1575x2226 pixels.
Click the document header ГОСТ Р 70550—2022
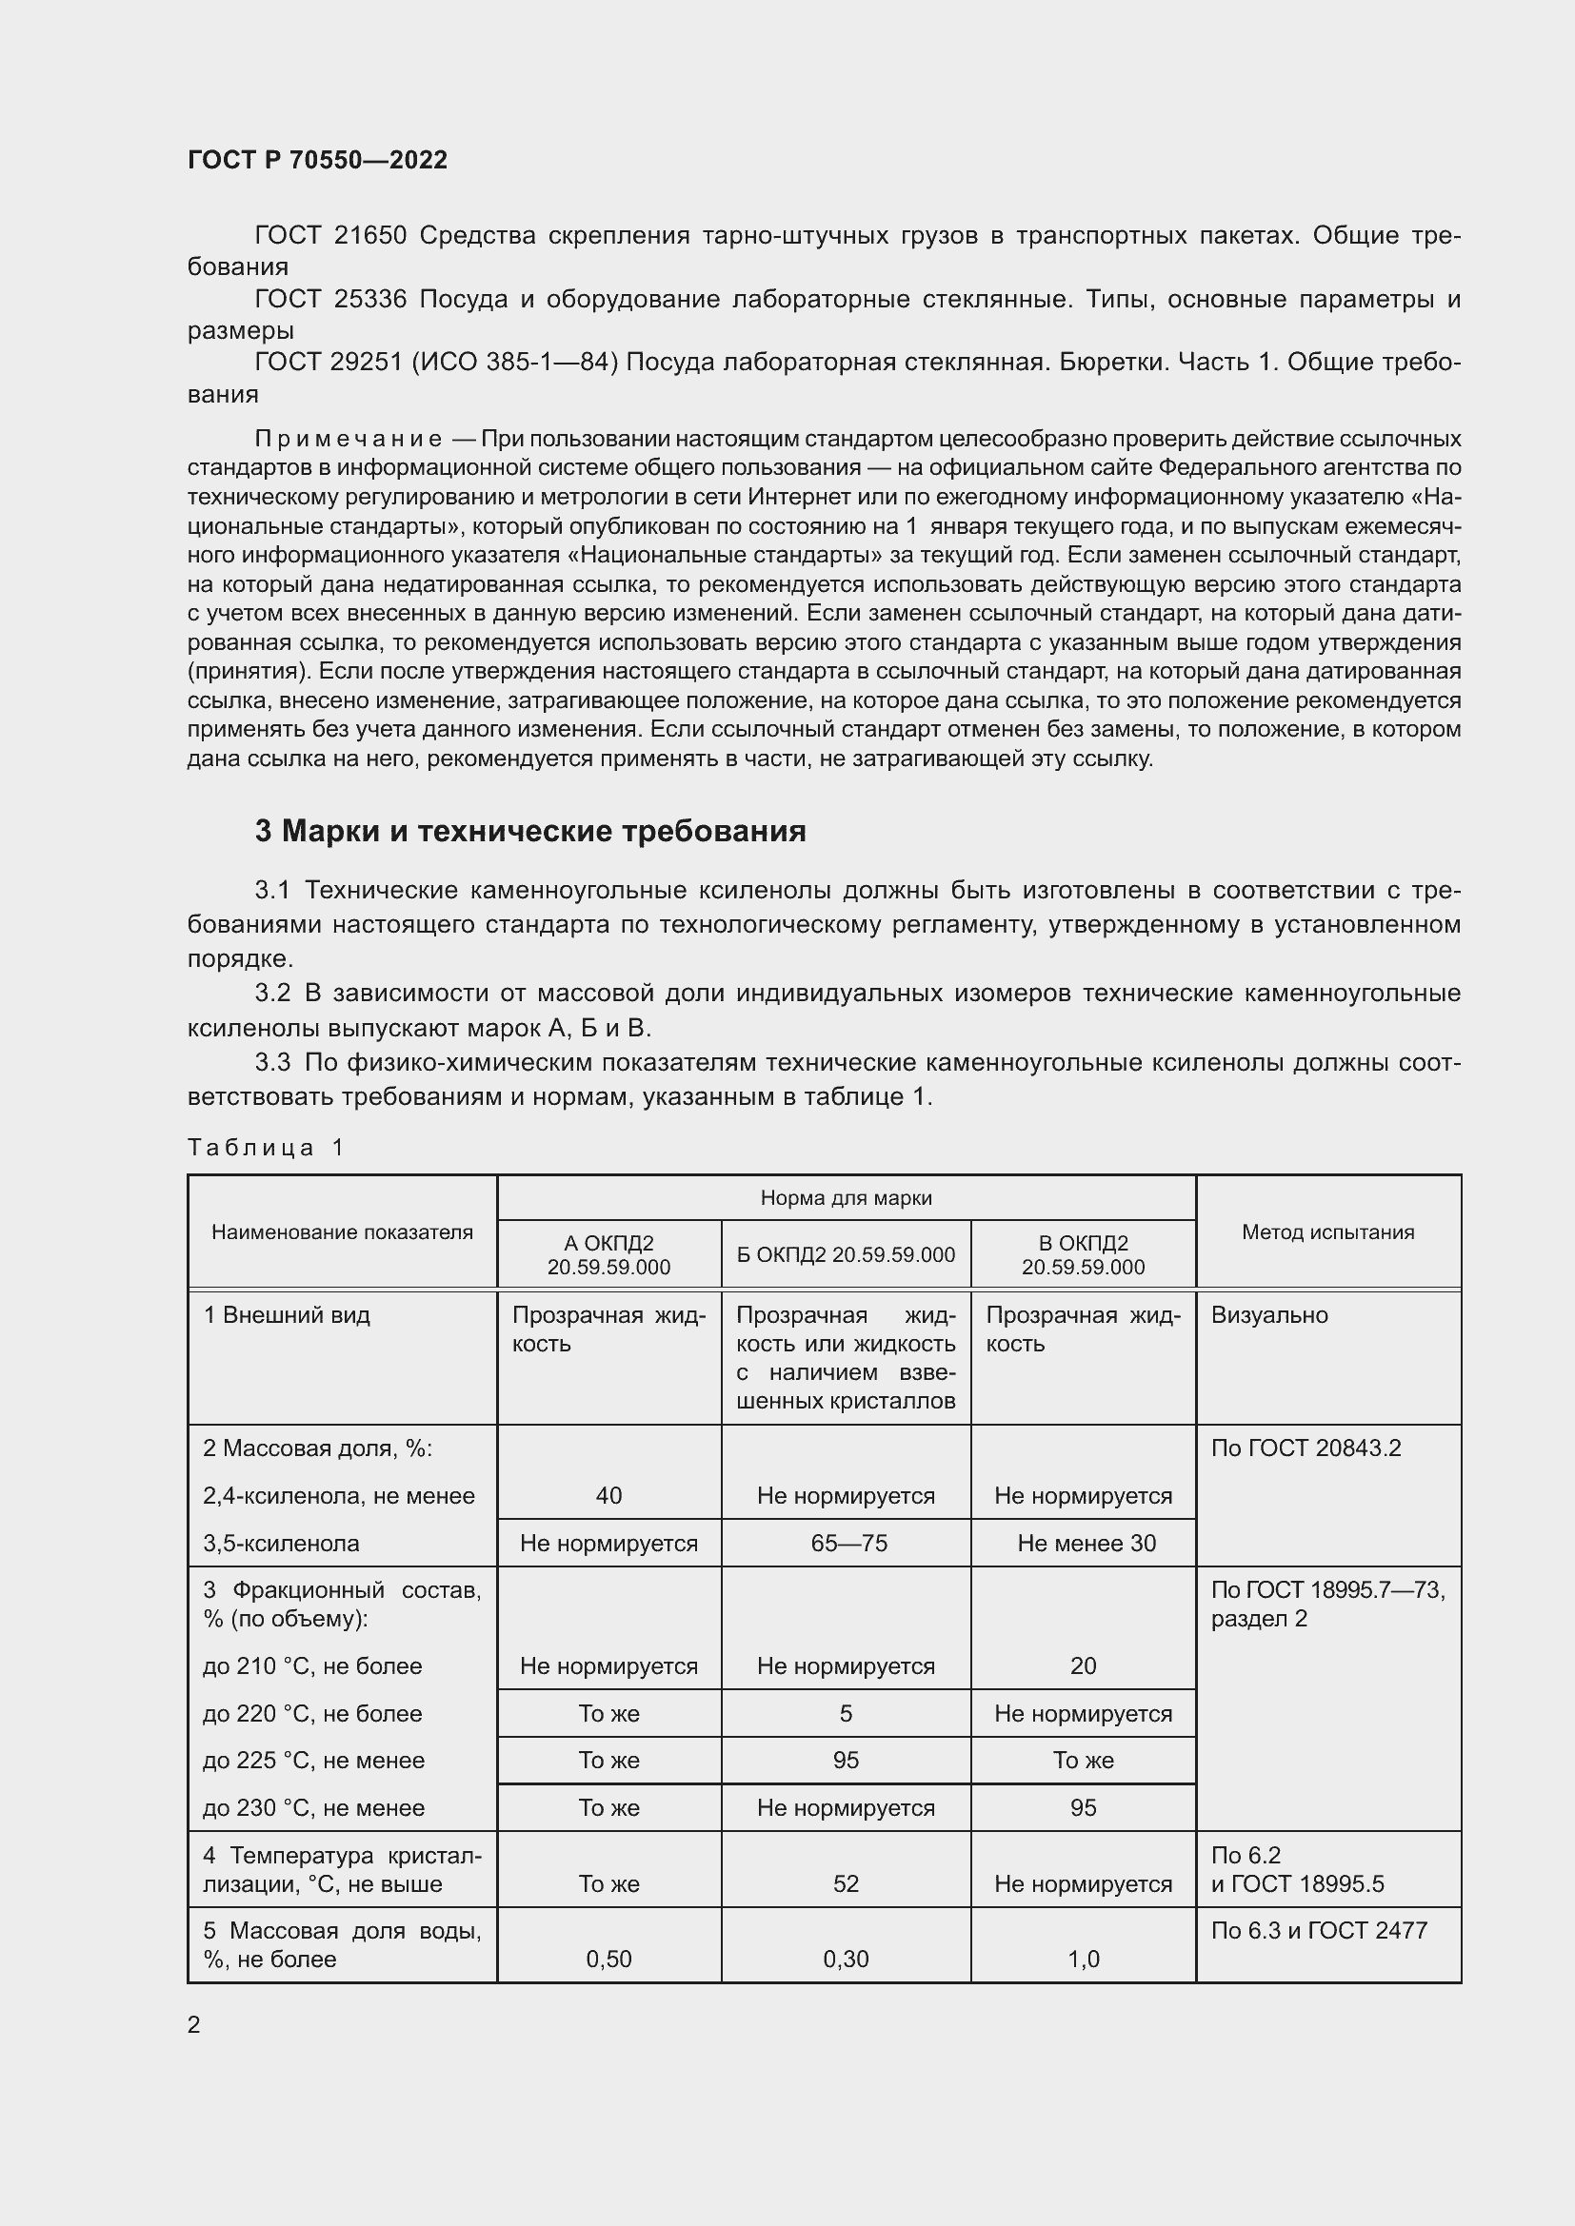pyautogui.click(x=317, y=160)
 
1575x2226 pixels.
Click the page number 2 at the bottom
pyautogui.click(x=194, y=2024)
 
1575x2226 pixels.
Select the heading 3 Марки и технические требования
pyautogui.click(x=529, y=831)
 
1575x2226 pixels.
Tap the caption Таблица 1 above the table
pyautogui.click(x=266, y=1148)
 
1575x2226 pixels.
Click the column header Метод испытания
pyautogui.click(x=1327, y=1231)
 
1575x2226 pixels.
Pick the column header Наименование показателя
pyautogui.click(x=342, y=1231)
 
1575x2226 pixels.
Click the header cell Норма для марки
pyautogui.click(x=846, y=1197)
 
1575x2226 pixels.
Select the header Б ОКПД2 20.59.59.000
pyautogui.click(x=846, y=1254)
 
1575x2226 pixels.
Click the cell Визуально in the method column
pyautogui.click(x=1269, y=1314)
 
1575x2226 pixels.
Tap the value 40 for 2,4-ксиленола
pyautogui.click(x=608, y=1495)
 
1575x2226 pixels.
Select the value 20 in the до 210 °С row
pyautogui.click(x=1084, y=1665)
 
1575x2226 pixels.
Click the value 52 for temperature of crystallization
pyautogui.click(x=846, y=1882)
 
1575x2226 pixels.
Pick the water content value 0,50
pyautogui.click(x=608, y=1959)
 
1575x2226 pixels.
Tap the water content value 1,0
pyautogui.click(x=1084, y=1959)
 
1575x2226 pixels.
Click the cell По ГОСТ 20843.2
pyautogui.click(x=1306, y=1448)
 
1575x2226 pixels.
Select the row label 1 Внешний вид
pyautogui.click(x=286, y=1314)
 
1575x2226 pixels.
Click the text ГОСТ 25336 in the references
pyautogui.click(x=330, y=300)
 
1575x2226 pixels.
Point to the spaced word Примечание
pyautogui.click(x=349, y=439)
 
